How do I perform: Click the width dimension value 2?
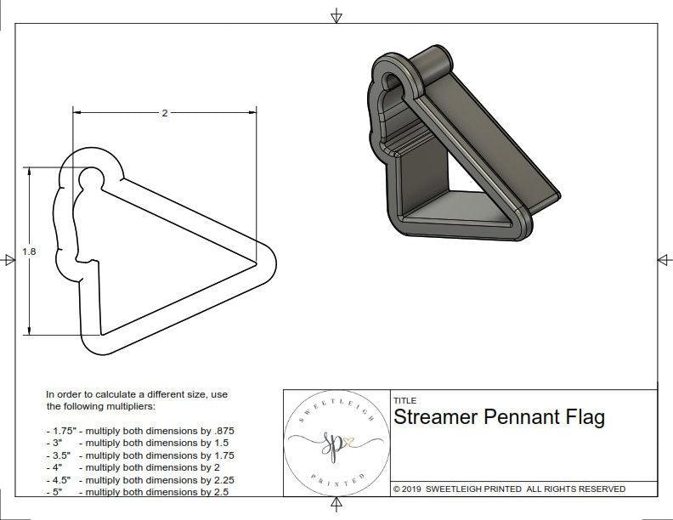164,113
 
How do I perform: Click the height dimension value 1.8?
29,252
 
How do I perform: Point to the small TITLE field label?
405,400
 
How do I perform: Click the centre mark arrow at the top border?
337,15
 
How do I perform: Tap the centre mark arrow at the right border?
664,259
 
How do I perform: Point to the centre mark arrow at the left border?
8,261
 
